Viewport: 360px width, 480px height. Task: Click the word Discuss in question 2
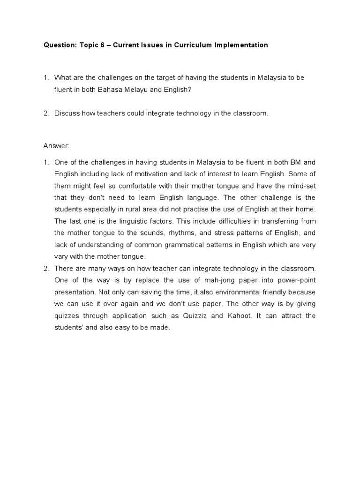67,113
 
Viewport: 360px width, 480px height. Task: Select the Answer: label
56,146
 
